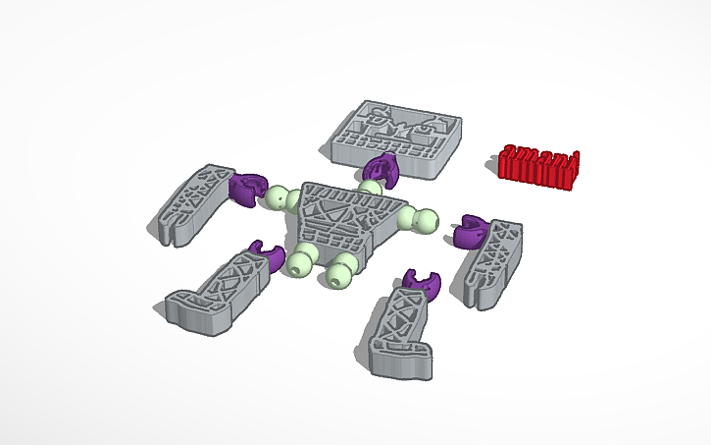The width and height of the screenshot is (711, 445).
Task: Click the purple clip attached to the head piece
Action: coord(381,169)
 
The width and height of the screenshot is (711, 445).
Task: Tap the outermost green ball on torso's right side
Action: coord(427,221)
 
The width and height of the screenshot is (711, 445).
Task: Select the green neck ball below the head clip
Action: coord(370,188)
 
